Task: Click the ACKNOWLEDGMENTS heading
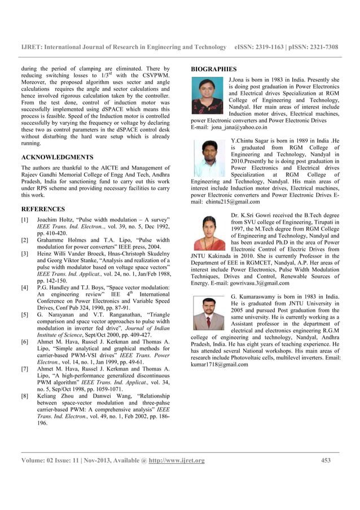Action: click(57, 157)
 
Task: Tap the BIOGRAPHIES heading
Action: click(213, 69)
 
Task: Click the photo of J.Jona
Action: click(208, 95)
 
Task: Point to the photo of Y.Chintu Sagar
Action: click(209, 159)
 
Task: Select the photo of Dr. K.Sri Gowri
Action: click(209, 233)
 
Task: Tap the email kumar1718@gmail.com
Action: click(219, 364)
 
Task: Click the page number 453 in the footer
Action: click(326, 460)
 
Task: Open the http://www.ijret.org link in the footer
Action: click(177, 460)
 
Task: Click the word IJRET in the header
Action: click(31, 47)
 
